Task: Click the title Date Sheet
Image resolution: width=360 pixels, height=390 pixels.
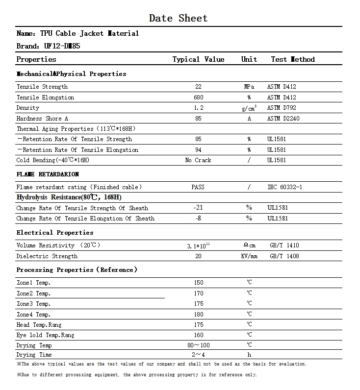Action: click(x=178, y=18)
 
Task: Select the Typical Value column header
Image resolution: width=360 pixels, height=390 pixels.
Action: click(x=198, y=59)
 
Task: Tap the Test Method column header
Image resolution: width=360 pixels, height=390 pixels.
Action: click(x=293, y=59)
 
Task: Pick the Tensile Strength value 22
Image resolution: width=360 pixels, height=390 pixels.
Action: click(x=198, y=87)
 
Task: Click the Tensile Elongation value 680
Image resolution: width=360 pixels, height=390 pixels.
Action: click(x=198, y=97)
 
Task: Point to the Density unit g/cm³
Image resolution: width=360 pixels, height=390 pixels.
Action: click(x=249, y=108)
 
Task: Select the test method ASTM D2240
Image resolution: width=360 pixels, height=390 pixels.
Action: click(x=283, y=119)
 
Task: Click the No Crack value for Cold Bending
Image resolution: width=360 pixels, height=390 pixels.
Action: click(x=198, y=160)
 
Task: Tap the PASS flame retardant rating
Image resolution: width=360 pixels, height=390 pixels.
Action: click(x=198, y=187)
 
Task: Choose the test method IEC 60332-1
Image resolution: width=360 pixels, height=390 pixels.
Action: click(x=284, y=187)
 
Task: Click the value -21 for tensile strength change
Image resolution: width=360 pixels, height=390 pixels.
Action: click(x=198, y=208)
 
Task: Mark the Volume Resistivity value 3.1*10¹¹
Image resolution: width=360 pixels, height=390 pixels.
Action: click(x=198, y=245)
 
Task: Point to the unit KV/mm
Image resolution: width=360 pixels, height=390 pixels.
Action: click(x=249, y=256)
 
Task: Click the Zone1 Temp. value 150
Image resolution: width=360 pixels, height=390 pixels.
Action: click(x=198, y=283)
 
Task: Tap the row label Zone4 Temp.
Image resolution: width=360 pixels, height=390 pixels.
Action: click(x=33, y=315)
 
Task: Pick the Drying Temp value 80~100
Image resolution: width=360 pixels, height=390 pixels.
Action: click(x=198, y=345)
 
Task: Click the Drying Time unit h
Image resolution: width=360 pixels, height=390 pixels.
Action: click(x=249, y=355)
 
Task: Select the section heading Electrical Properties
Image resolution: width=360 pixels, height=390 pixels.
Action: click(x=55, y=233)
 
